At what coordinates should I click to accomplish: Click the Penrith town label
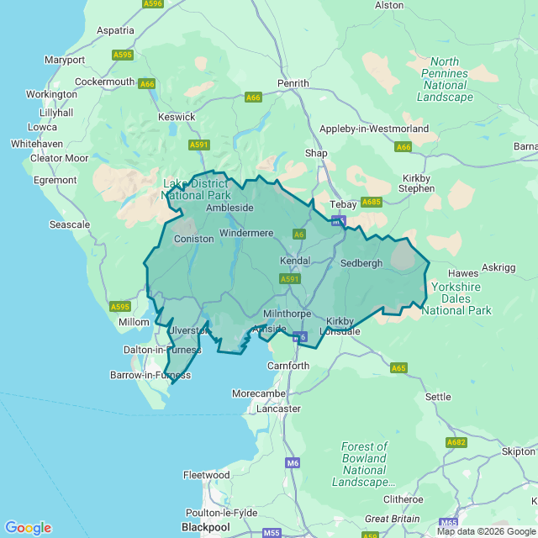pyautogui.click(x=294, y=83)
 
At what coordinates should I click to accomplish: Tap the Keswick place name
pyautogui.click(x=177, y=117)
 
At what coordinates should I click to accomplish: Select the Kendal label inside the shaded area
pyautogui.click(x=294, y=261)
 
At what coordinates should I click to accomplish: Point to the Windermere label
pyautogui.click(x=246, y=232)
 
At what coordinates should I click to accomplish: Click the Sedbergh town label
pyautogui.click(x=361, y=263)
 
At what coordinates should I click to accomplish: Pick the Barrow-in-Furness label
pyautogui.click(x=150, y=375)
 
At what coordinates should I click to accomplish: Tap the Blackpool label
pyautogui.click(x=205, y=526)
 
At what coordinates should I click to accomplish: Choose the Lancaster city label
pyautogui.click(x=278, y=409)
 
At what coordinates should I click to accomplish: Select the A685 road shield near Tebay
pyautogui.click(x=371, y=203)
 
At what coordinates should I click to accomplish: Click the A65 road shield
pyautogui.click(x=398, y=367)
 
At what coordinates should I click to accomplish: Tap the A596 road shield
pyautogui.click(x=153, y=4)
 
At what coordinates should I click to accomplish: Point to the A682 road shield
pyautogui.click(x=456, y=442)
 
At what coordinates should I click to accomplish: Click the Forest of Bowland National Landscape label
pyautogui.click(x=364, y=465)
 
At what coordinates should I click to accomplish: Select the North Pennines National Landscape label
pyautogui.click(x=445, y=79)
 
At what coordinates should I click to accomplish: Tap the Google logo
pyautogui.click(x=28, y=528)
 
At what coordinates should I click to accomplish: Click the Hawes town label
pyautogui.click(x=463, y=273)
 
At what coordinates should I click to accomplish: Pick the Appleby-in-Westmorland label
pyautogui.click(x=374, y=129)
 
